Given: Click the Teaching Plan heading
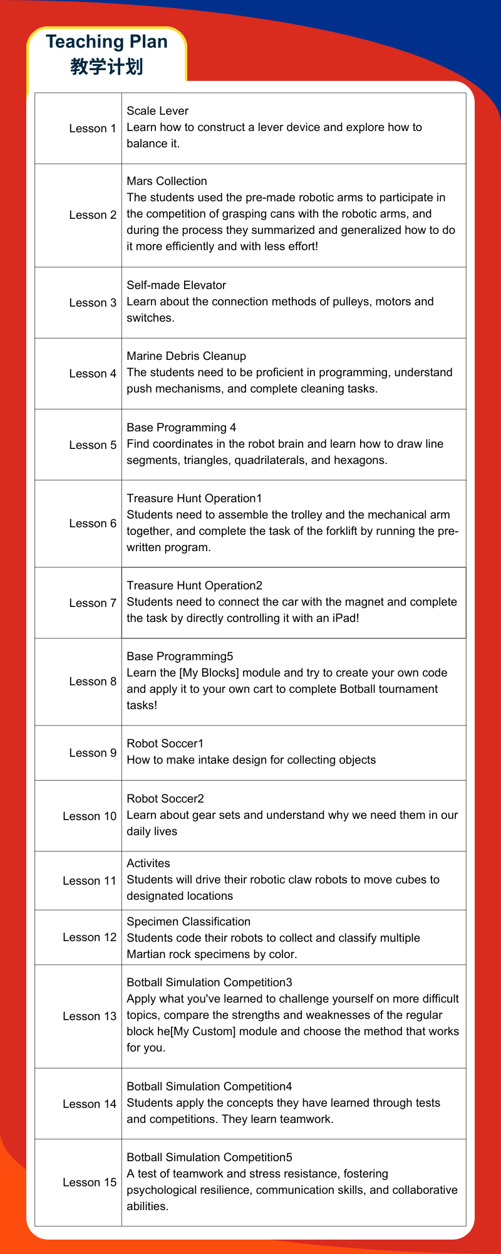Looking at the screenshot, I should pyautogui.click(x=106, y=42).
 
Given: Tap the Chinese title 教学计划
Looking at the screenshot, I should pyautogui.click(x=106, y=66).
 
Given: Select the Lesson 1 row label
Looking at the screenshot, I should pyautogui.click(x=93, y=129).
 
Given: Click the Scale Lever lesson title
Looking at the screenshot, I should pyautogui.click(x=157, y=111).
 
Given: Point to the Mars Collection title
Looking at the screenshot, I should pyautogui.click(x=167, y=181).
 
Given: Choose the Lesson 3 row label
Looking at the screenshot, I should pyautogui.click(x=93, y=303).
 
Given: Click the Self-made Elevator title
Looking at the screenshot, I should pyautogui.click(x=176, y=285).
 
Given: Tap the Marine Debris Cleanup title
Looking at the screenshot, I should pyautogui.click(x=186, y=356).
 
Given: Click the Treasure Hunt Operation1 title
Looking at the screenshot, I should pyautogui.click(x=194, y=498).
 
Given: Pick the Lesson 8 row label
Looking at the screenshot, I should pyautogui.click(x=93, y=682).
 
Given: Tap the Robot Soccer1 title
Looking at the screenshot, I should pyautogui.click(x=165, y=744).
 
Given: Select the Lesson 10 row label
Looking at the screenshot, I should pyautogui.click(x=90, y=816).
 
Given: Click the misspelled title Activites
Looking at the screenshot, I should pyautogui.click(x=148, y=863).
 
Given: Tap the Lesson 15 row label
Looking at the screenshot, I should pyautogui.click(x=90, y=1183).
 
